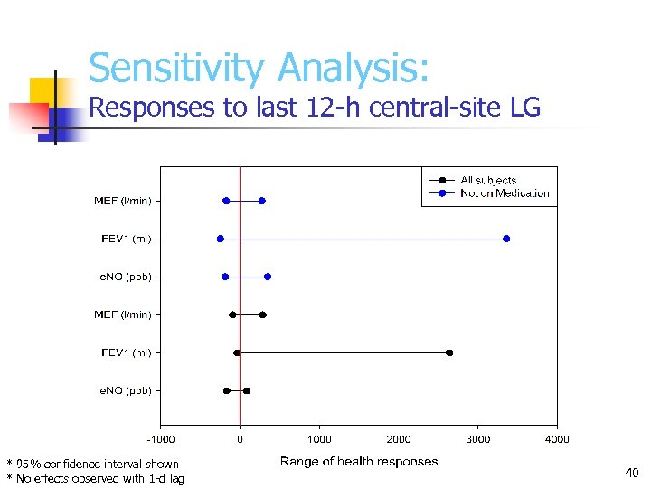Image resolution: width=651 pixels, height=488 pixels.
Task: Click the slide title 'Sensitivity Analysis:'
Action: [259, 68]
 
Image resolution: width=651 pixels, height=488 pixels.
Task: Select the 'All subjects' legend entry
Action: [488, 180]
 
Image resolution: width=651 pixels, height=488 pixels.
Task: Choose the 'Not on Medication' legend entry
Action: [505, 193]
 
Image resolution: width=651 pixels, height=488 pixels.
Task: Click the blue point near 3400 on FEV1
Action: [506, 239]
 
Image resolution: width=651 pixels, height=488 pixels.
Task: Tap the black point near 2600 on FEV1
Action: [449, 352]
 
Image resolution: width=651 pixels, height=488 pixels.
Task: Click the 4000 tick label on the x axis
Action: [557, 439]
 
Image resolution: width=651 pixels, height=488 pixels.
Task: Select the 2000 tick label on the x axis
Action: [399, 439]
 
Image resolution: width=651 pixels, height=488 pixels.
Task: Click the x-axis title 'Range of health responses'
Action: [359, 462]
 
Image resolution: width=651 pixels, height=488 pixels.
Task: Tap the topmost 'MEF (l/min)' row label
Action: [123, 201]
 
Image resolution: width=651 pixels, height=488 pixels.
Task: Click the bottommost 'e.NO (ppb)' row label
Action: [126, 390]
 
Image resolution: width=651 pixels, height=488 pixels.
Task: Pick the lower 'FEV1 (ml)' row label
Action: [127, 352]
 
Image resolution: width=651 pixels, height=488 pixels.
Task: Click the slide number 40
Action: [632, 472]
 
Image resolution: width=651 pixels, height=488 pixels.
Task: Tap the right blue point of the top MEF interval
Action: [262, 201]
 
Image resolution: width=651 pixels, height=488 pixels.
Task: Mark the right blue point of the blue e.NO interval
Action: [268, 277]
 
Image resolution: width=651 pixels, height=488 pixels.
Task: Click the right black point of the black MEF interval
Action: [263, 314]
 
